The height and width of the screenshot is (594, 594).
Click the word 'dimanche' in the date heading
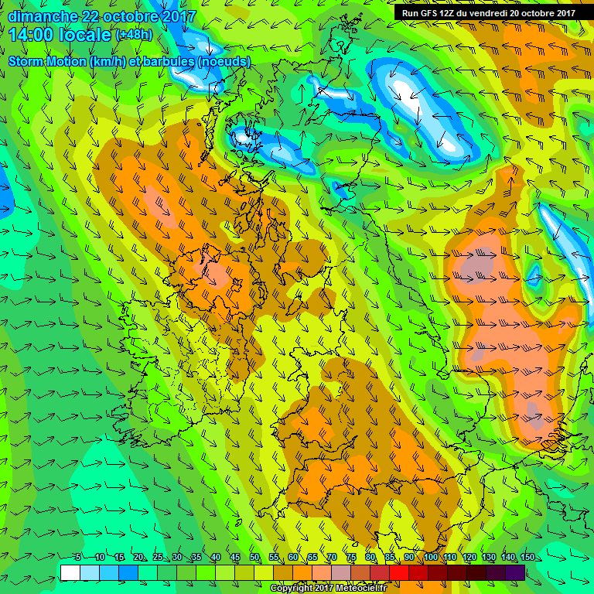coord(39,15)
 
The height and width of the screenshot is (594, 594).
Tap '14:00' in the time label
coord(32,35)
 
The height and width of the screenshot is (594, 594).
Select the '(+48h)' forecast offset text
coord(135,35)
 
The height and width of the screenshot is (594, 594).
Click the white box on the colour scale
coord(70,572)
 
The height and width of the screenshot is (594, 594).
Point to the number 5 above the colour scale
coord(79,558)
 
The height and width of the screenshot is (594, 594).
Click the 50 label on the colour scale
coord(254,558)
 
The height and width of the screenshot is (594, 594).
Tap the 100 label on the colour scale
coord(431,558)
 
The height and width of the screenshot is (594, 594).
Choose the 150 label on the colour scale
coord(527,558)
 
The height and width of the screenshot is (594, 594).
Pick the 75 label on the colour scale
coord(350,558)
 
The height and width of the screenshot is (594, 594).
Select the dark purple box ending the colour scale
coord(515,572)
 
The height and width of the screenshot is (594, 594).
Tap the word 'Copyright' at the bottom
coord(292,589)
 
